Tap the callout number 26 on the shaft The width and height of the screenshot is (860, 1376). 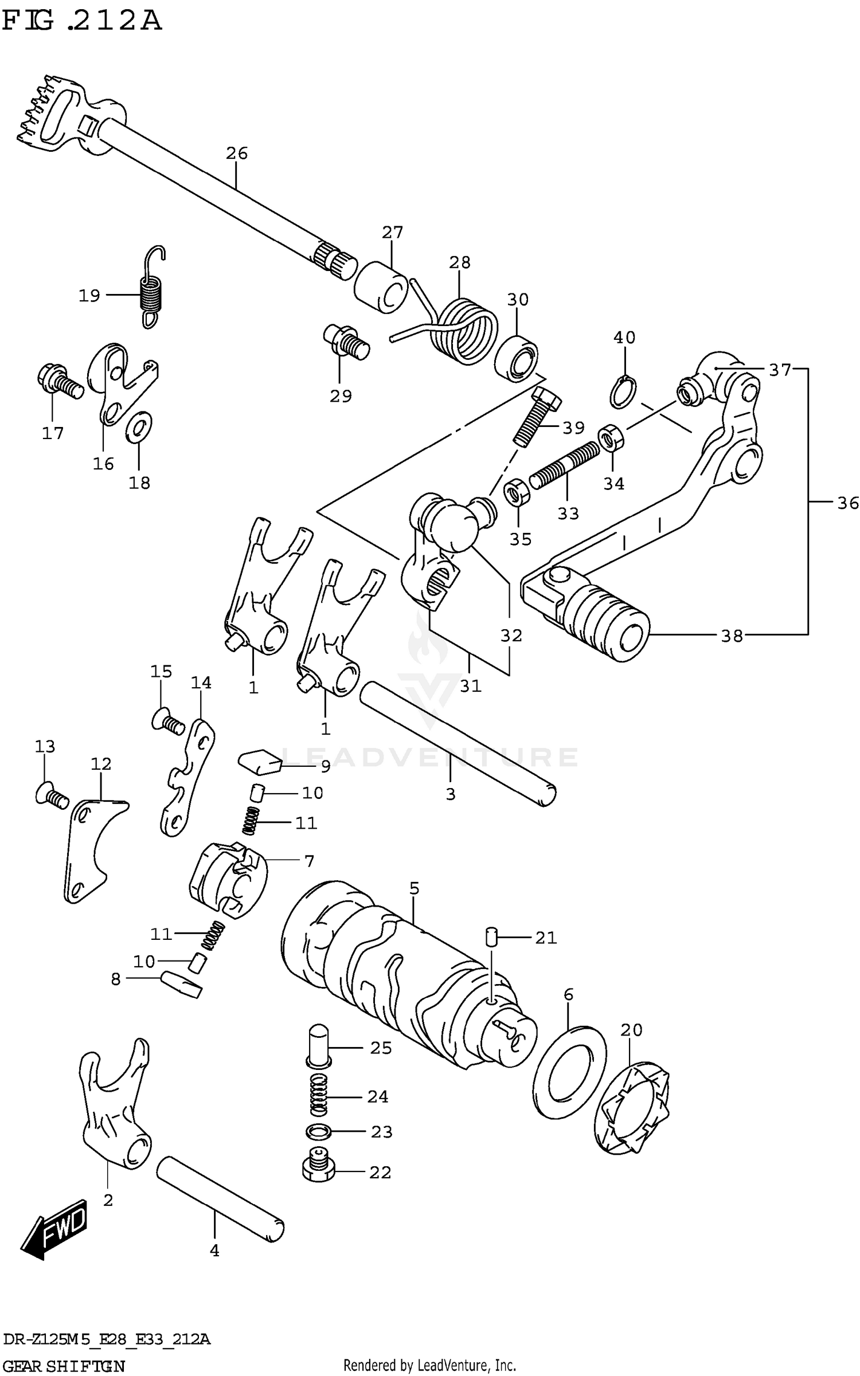[236, 153]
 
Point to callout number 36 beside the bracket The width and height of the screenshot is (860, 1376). [847, 503]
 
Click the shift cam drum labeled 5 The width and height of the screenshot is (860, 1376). [401, 974]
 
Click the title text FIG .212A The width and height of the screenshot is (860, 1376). [81, 21]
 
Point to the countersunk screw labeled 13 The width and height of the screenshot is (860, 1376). [52, 795]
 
